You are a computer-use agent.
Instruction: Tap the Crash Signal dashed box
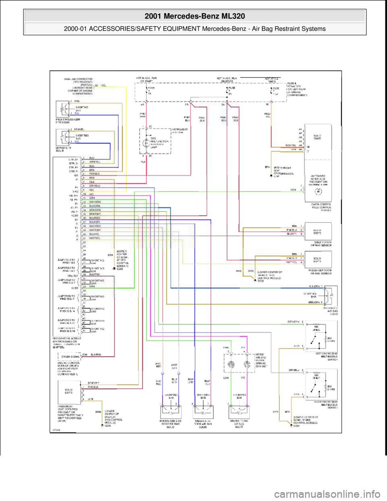(69, 356)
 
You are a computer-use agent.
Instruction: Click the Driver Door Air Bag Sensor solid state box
(318, 232)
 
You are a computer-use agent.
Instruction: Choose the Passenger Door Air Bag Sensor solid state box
(318, 259)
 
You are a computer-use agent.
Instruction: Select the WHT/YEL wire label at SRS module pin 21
(95, 238)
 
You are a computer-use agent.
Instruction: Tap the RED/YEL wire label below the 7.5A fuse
(267, 115)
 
